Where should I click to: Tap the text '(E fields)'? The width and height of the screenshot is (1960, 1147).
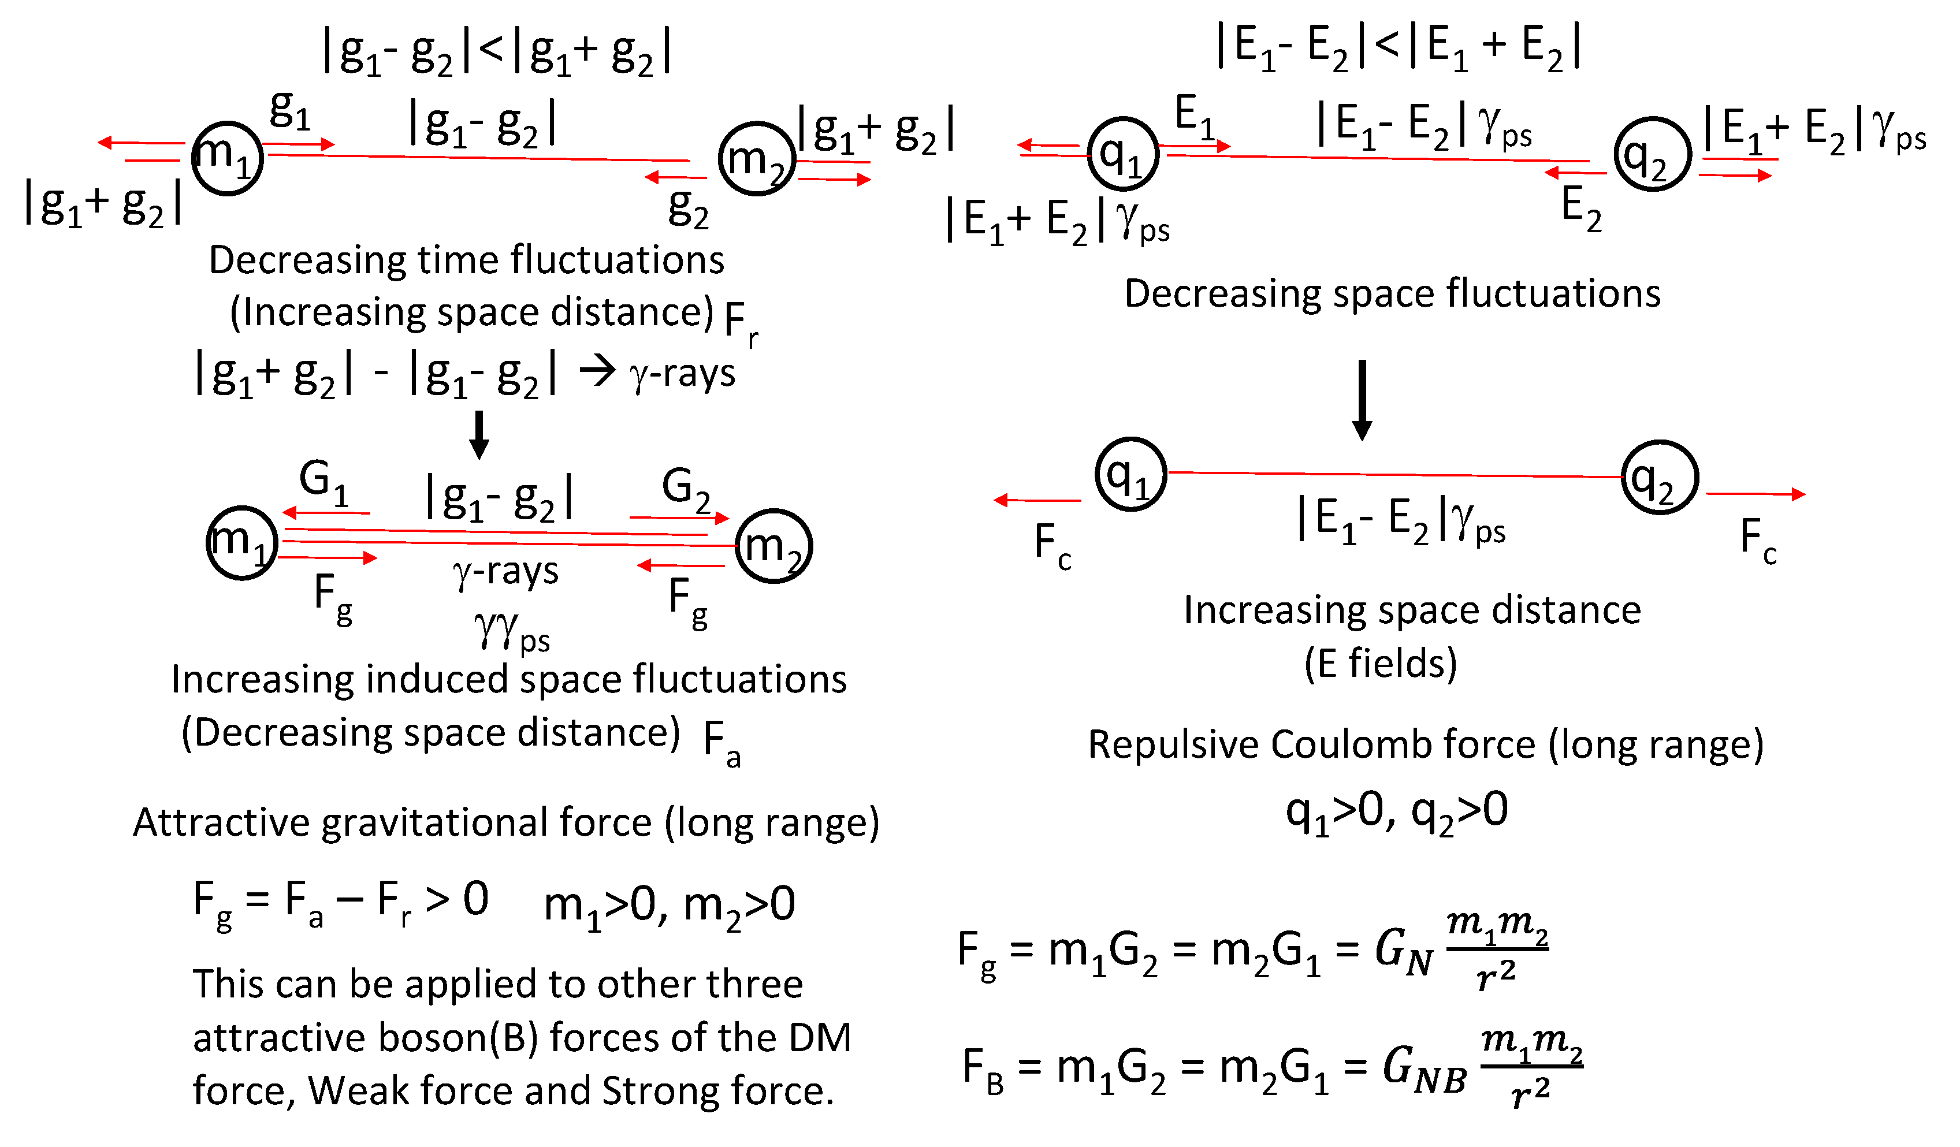click(1381, 664)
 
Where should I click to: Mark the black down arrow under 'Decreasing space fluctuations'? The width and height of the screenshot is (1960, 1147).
click(1362, 400)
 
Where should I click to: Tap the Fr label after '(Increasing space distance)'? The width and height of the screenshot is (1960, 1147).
click(739, 323)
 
